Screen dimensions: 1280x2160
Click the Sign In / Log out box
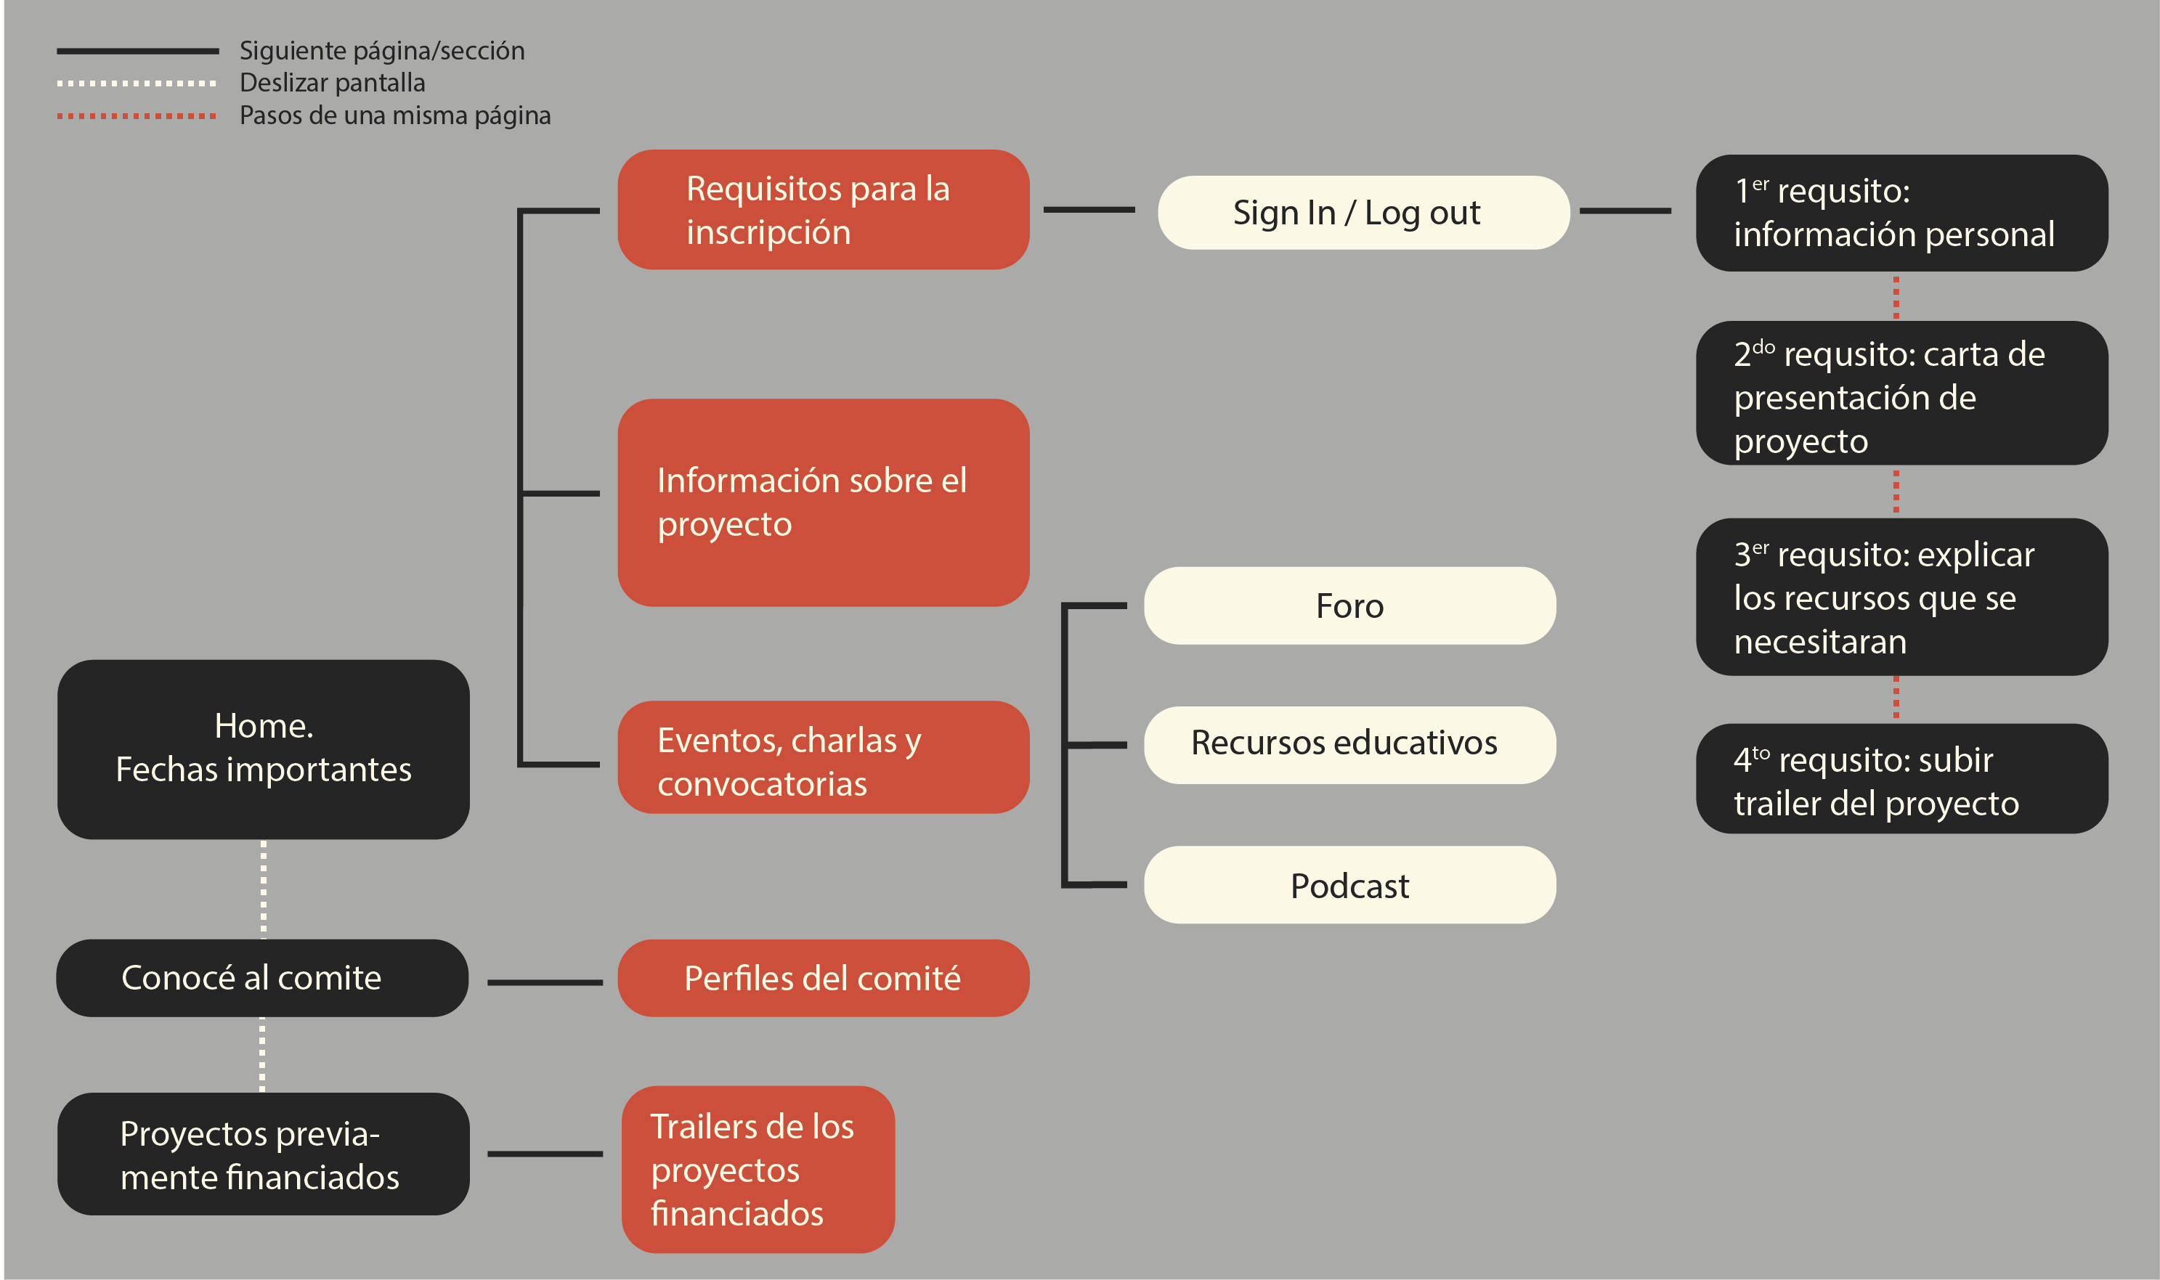[x=1363, y=213]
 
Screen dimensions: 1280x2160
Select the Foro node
[x=1349, y=606]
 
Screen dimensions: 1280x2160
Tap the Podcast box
[x=1349, y=885]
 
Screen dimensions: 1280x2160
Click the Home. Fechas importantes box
[x=263, y=749]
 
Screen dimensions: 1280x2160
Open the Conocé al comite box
[x=261, y=977]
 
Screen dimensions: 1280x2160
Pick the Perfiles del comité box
[x=823, y=977]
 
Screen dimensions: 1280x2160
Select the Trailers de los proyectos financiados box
[x=758, y=1169]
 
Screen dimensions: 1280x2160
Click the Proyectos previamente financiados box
[x=263, y=1154]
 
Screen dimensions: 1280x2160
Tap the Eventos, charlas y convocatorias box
[x=823, y=757]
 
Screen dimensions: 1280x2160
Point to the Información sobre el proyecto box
[x=823, y=502]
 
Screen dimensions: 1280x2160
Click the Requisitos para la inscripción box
[x=823, y=210]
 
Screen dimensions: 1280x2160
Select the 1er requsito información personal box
[x=1901, y=213]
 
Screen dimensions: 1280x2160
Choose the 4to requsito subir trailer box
[x=1901, y=778]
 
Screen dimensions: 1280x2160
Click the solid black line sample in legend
[x=137, y=51]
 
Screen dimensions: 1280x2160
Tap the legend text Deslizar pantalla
[x=332, y=83]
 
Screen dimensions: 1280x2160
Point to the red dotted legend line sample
[x=137, y=115]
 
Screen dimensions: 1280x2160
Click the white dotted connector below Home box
[x=263, y=889]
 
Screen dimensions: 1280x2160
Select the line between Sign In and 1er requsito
[x=1624, y=211]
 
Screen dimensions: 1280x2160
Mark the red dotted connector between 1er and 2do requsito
[x=1895, y=297]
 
